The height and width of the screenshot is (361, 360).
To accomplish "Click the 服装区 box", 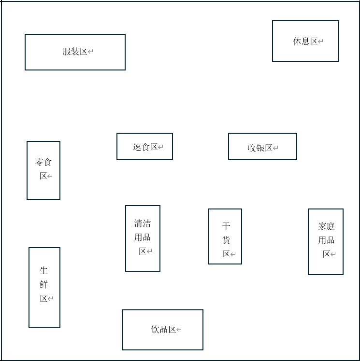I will click(x=75, y=52).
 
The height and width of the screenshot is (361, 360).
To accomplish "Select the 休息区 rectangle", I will click(x=305, y=41).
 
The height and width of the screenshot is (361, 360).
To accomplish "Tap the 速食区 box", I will click(x=144, y=146).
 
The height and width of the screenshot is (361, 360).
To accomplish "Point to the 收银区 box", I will click(x=262, y=146).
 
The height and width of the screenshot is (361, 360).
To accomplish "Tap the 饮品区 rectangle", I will click(x=162, y=330).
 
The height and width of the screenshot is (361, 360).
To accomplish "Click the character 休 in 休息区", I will click(x=297, y=42).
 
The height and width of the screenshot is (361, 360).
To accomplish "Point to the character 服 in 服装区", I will click(x=67, y=52).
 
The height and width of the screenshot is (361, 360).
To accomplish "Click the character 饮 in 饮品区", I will click(x=156, y=330).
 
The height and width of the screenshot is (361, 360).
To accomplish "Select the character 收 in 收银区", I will click(x=252, y=148).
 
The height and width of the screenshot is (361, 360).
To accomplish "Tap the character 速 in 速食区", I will click(x=137, y=147).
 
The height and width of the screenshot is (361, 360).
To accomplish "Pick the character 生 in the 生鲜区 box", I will click(x=44, y=271).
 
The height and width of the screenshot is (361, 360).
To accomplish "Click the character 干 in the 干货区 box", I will click(x=226, y=226).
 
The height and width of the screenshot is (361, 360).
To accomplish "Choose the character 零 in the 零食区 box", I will click(x=39, y=162).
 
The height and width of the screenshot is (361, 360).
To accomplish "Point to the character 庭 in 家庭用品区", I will click(x=331, y=226).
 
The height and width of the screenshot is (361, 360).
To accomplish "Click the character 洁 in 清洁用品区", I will click(x=146, y=223).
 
